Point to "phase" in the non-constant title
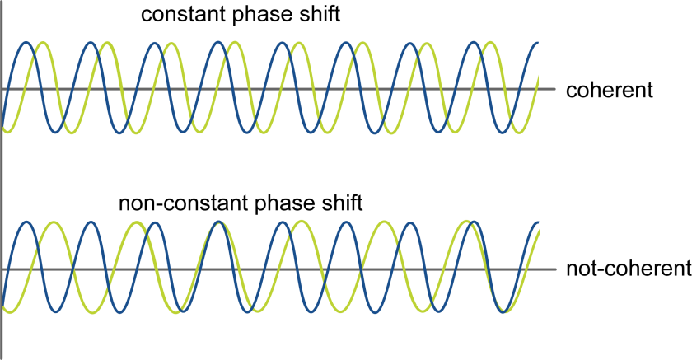(x=283, y=203)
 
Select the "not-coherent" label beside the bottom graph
(x=628, y=269)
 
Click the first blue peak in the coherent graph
(x=26, y=43)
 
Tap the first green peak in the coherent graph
(x=43, y=43)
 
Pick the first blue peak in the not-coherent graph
(x=28, y=222)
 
